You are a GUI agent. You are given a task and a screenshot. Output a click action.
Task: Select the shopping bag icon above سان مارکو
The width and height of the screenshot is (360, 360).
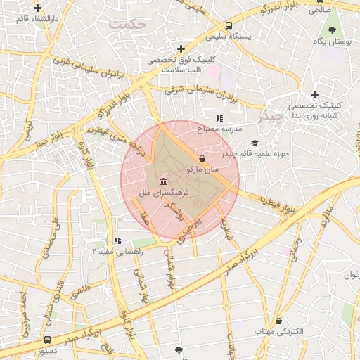click(x=202, y=158)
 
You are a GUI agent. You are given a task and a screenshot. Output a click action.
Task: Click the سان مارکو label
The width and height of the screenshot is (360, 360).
click(x=202, y=169)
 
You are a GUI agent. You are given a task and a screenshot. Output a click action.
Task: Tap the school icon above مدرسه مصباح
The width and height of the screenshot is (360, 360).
click(x=219, y=119)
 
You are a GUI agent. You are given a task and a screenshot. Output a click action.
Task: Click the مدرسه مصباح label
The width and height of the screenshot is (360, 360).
click(x=222, y=130)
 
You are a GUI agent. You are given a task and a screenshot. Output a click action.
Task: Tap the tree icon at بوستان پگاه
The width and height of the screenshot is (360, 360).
click(x=333, y=30)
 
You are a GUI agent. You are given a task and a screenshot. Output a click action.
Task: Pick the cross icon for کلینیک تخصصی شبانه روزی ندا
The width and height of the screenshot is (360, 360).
click(x=314, y=94)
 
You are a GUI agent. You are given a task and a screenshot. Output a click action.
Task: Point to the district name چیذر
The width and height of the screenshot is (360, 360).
click(x=270, y=117)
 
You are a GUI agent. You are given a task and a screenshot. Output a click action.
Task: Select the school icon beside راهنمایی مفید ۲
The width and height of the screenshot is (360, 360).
click(x=117, y=240)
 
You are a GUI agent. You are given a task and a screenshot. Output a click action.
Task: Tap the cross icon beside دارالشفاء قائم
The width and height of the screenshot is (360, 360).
click(x=37, y=8)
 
